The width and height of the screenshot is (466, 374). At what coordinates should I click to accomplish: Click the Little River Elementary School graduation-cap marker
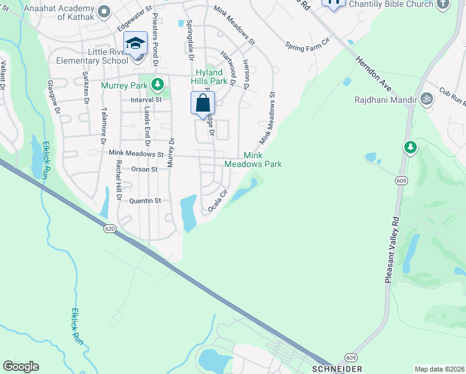[135, 43]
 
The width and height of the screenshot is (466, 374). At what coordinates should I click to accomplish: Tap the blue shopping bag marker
[203, 103]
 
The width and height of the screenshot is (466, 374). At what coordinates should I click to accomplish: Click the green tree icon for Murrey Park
[158, 84]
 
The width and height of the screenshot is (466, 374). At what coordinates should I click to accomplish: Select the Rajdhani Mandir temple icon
[427, 98]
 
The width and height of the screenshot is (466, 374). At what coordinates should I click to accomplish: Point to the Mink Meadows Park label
[262, 160]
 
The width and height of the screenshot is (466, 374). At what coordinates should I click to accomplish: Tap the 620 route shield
[110, 229]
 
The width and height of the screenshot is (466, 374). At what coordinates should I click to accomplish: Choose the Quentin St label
[145, 201]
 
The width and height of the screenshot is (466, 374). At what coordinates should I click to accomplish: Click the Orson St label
[145, 169]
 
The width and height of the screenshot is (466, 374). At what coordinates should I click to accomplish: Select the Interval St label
[146, 99]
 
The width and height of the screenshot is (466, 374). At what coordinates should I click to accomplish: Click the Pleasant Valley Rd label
[392, 250]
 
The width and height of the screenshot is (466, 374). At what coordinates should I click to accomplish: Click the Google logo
[21, 367]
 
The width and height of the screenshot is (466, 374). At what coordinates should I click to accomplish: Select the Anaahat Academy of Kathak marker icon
[104, 11]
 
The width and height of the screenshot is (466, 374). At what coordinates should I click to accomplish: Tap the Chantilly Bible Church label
[391, 4]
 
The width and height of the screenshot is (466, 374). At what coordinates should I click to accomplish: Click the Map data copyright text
[439, 369]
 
